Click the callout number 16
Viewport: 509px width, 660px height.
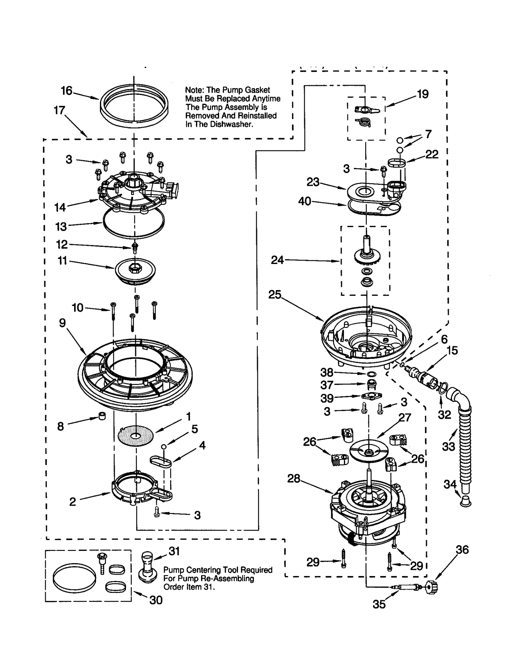click(x=66, y=91)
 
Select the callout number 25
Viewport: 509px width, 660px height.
click(x=275, y=295)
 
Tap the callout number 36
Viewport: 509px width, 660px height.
click(x=462, y=550)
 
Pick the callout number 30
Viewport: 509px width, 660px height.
click(x=156, y=600)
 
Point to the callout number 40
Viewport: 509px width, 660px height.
click(x=304, y=201)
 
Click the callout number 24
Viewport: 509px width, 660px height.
click(x=277, y=260)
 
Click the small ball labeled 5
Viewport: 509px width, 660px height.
click(x=164, y=447)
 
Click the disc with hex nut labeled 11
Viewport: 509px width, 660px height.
click(x=135, y=270)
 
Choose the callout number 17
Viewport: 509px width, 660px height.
click(x=59, y=110)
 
